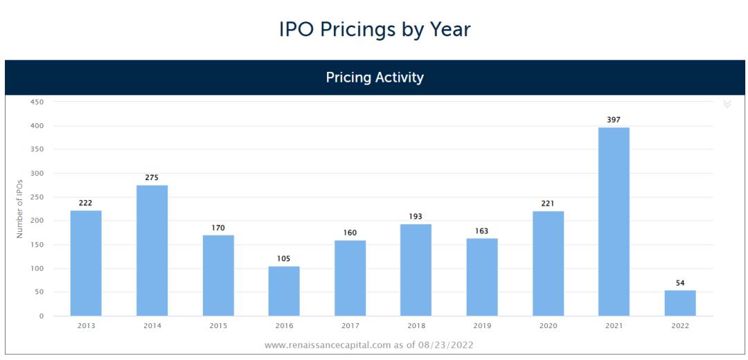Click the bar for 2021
tap(614, 222)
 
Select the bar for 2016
tap(284, 291)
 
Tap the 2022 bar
tap(679, 303)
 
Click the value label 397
tap(614, 120)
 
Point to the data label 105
tap(284, 259)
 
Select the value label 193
tap(416, 217)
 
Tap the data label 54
tap(679, 283)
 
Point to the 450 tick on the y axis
tap(37, 102)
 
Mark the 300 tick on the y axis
tap(37, 174)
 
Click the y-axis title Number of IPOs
tap(20, 208)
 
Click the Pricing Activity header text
tap(375, 78)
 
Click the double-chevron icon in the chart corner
tap(727, 104)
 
